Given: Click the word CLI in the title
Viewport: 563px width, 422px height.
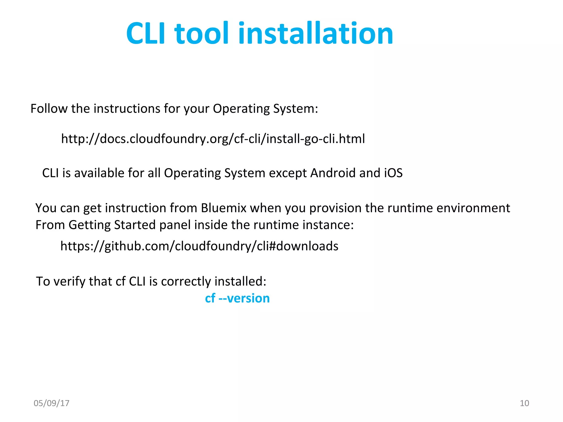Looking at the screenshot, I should (x=146, y=34).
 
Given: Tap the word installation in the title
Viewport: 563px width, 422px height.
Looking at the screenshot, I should (x=316, y=34).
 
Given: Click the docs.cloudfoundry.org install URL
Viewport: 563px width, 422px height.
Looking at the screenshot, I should (x=213, y=139).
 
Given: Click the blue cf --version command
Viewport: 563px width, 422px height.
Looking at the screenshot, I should (x=237, y=298).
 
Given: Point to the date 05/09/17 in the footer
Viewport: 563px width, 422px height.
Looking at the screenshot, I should (x=51, y=403).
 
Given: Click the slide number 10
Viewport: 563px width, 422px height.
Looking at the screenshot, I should (x=524, y=403).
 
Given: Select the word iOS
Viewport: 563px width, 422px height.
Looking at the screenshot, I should (x=393, y=173).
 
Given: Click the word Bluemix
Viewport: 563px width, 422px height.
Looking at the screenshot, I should (x=223, y=208).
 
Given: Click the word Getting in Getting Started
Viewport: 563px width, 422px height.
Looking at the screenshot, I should (x=89, y=225).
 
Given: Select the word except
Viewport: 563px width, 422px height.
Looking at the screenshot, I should (x=287, y=173).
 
